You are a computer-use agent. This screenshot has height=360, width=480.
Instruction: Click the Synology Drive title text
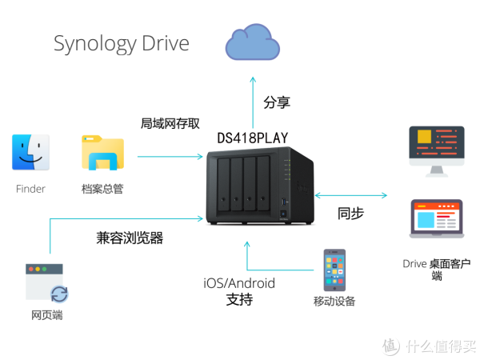tap(122, 43)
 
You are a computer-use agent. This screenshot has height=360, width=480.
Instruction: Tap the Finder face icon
tap(30, 154)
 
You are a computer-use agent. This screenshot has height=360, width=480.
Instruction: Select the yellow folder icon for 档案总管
tap(102, 154)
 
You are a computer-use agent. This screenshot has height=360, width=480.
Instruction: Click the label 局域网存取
tap(170, 123)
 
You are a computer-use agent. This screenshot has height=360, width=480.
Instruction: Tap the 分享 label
tap(277, 102)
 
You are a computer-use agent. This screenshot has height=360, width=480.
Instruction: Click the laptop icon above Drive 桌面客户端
tap(436, 218)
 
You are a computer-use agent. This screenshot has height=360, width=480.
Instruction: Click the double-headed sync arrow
tap(352, 194)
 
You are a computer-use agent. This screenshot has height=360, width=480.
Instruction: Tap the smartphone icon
tap(334, 270)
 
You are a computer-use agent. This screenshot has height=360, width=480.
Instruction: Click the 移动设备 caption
tap(334, 302)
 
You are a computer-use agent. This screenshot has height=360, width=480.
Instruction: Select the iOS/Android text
tap(238, 283)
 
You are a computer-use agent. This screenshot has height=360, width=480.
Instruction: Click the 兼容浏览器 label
tap(129, 238)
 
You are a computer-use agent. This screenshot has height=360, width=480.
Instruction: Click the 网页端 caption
tap(46, 315)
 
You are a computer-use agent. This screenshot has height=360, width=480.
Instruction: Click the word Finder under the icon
tap(30, 190)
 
